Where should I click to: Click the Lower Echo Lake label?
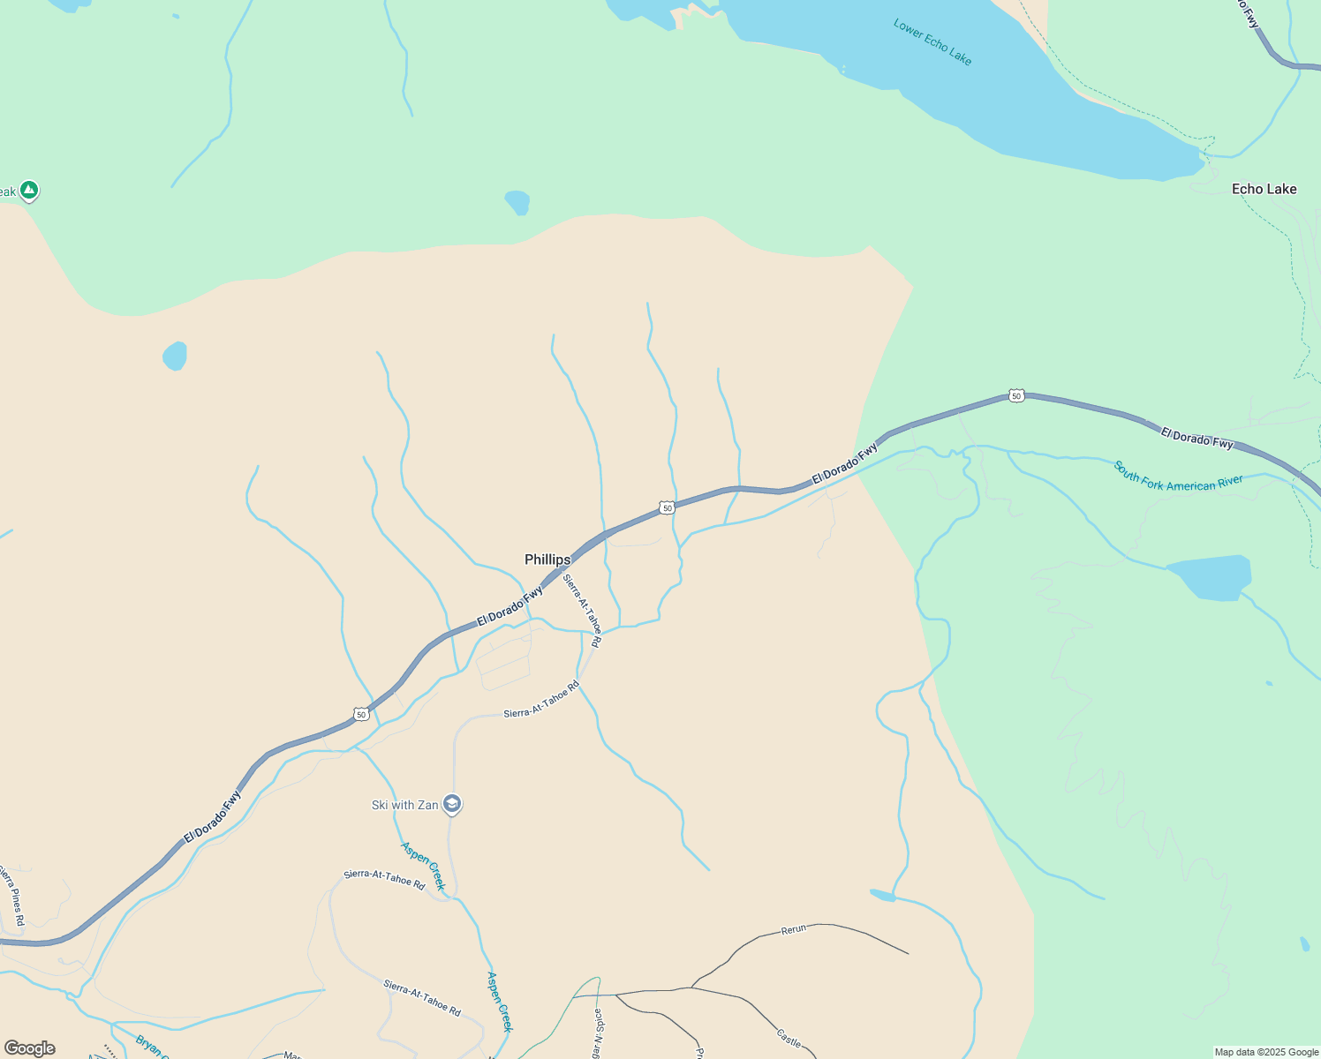(x=932, y=41)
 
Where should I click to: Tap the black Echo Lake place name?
(x=1264, y=189)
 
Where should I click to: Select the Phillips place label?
(x=547, y=560)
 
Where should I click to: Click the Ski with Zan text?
(x=404, y=805)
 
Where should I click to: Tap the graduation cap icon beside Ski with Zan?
(x=452, y=803)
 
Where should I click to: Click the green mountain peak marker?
(x=29, y=189)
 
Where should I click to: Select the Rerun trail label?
(x=794, y=929)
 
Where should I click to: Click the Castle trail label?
(x=789, y=1037)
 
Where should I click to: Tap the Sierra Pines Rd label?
(x=11, y=897)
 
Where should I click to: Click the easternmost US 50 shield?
(x=1016, y=396)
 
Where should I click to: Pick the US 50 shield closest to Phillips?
(x=667, y=507)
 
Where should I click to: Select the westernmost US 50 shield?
(x=360, y=714)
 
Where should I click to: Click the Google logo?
(x=30, y=1048)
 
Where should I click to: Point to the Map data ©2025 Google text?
(x=1266, y=1052)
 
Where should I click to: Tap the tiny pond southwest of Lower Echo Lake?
(x=517, y=202)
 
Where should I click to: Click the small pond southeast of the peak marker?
(x=175, y=356)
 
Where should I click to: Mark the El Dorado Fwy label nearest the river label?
(x=1196, y=438)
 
